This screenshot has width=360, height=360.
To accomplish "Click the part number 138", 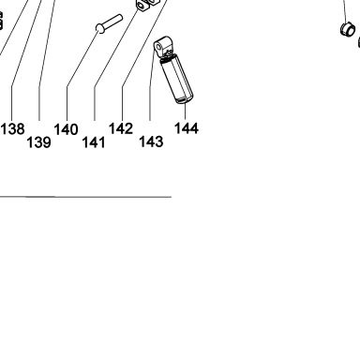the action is tap(12, 128).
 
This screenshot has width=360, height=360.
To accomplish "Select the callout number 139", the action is tap(38, 142).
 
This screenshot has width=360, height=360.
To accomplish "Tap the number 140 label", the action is tap(66, 129).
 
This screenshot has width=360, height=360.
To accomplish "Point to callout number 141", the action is tap(94, 142).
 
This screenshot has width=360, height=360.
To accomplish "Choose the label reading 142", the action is tap(121, 128).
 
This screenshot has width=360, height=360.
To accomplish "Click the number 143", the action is tap(151, 142).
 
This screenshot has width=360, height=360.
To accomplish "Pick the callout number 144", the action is tap(187, 128).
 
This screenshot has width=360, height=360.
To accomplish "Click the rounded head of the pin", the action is tap(100, 28).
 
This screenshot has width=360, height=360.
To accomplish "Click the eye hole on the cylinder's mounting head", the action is tap(158, 48).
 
